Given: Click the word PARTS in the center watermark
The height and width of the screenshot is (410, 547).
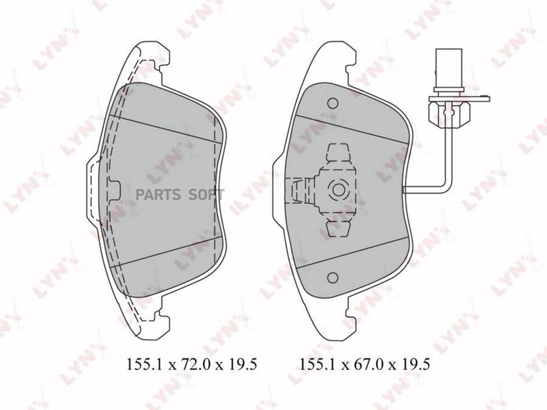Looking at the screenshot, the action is [158, 195].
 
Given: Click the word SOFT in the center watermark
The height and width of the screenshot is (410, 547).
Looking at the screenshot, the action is [206, 195].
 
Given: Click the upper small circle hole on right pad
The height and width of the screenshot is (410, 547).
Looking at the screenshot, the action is [333, 103].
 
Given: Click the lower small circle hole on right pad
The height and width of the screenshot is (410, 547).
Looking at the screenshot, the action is [333, 277].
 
